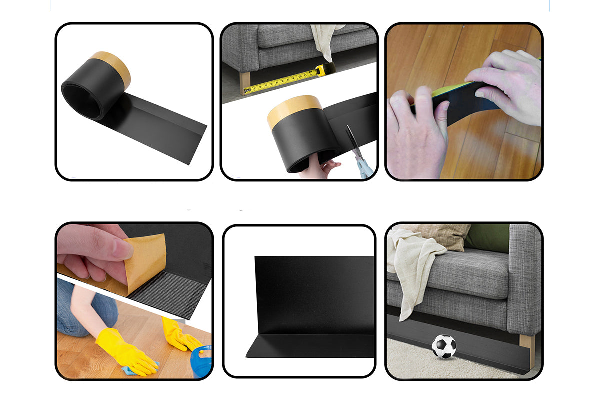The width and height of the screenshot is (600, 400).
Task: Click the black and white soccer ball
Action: pyautogui.click(x=444, y=346)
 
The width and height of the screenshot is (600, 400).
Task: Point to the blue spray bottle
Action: pyautogui.click(x=202, y=361)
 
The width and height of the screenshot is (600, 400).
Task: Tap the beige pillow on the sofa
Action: pyautogui.click(x=440, y=235)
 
